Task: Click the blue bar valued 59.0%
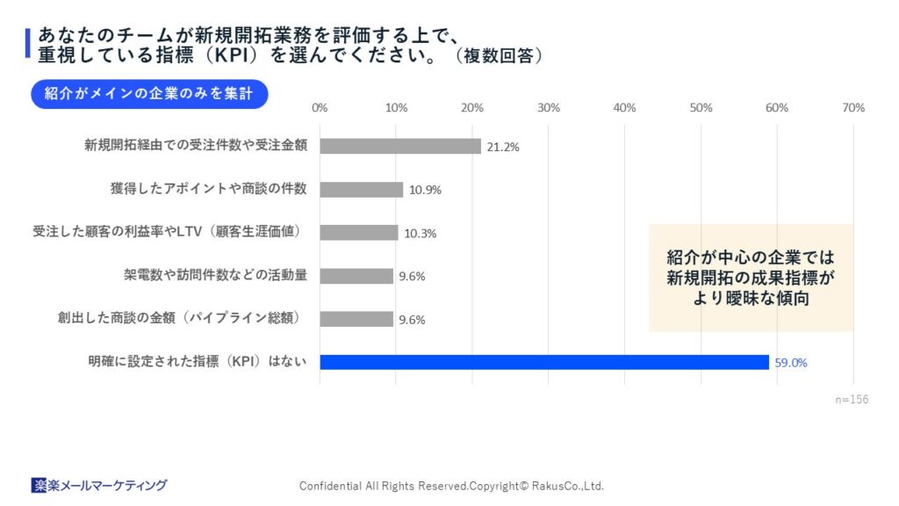pyautogui.click(x=544, y=362)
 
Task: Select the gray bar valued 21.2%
pyautogui.click(x=400, y=146)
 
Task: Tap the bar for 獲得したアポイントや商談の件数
pyautogui.click(x=361, y=189)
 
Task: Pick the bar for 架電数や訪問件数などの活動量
pyautogui.click(x=356, y=276)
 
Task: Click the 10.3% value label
pyautogui.click(x=420, y=234)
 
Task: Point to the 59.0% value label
pyautogui.click(x=791, y=362)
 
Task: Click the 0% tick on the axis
pyautogui.click(x=320, y=108)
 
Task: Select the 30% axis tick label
pyautogui.click(x=549, y=108)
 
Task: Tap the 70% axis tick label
pyautogui.click(x=853, y=108)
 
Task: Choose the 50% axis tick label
pyautogui.click(x=701, y=108)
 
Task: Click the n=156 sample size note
pyautogui.click(x=852, y=399)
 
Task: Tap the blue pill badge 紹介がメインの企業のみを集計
pyautogui.click(x=148, y=94)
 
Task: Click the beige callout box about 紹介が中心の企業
pyautogui.click(x=751, y=278)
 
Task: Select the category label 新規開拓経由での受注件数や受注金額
pyautogui.click(x=196, y=146)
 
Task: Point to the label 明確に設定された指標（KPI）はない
pyautogui.click(x=198, y=362)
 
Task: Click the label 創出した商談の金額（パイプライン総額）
pyautogui.click(x=183, y=318)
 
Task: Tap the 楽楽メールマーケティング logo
pyautogui.click(x=99, y=485)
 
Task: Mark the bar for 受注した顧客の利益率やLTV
pyautogui.click(x=358, y=233)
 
